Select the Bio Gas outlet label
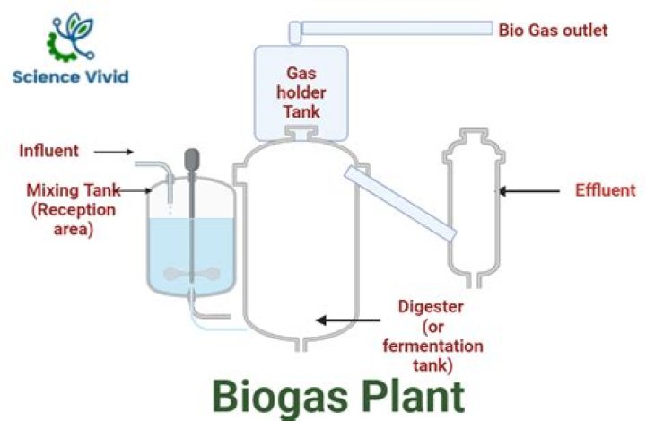[x=553, y=31]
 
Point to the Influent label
[x=48, y=150]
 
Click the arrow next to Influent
[x=114, y=151]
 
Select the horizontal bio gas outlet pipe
[x=395, y=30]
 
